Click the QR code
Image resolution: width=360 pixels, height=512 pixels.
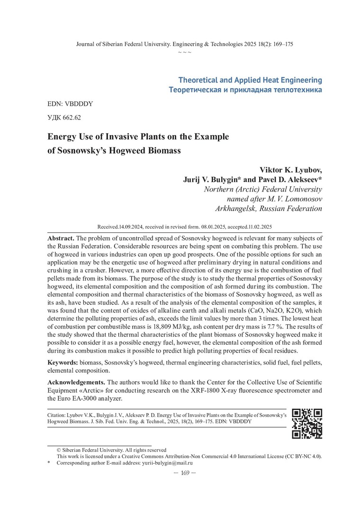click(x=307, y=423)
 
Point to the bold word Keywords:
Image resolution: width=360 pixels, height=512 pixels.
click(x=63, y=363)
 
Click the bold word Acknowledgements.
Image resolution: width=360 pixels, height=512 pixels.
click(x=76, y=382)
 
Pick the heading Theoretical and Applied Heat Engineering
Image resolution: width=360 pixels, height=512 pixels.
click(x=250, y=80)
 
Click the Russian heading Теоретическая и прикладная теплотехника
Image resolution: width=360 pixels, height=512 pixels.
click(x=245, y=90)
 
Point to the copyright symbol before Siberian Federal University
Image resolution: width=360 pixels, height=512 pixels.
click(x=59, y=450)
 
